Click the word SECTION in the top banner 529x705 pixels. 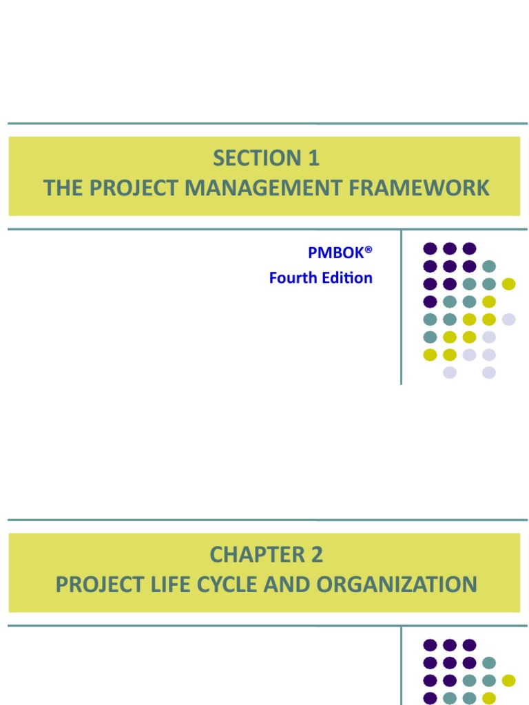pyautogui.click(x=246, y=158)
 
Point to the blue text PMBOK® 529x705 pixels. pyautogui.click(x=336, y=253)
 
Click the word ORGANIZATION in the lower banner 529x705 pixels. pyautogui.click(x=397, y=585)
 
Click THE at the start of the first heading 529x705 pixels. pyautogui.click(x=61, y=188)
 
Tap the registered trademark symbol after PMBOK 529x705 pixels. pyautogui.click(x=369, y=249)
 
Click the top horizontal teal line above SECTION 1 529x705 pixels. pyautogui.click(x=267, y=124)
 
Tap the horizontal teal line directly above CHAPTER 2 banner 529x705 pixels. pyautogui.click(x=267, y=520)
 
